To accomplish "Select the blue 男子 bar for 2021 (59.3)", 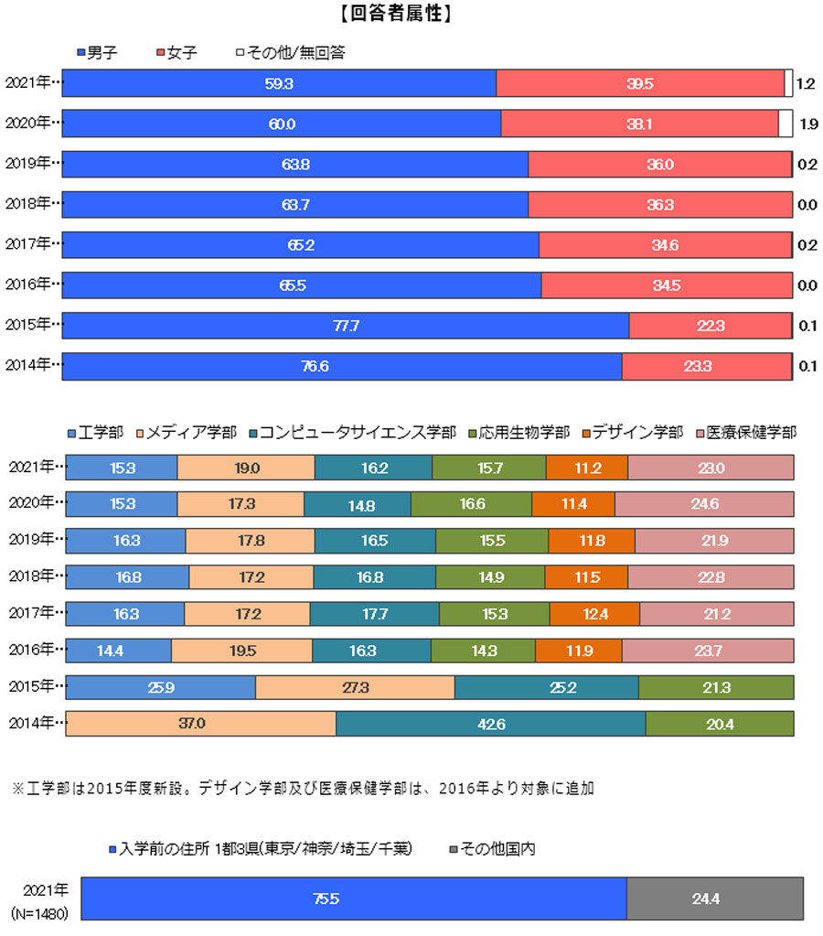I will (279, 83).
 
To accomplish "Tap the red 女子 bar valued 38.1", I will (639, 124).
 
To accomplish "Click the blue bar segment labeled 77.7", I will (345, 326).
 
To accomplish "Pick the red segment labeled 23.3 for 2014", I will (706, 366).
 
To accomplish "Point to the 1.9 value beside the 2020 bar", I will (807, 124).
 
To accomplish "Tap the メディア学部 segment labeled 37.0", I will (200, 724).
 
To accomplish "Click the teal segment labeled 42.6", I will (490, 724).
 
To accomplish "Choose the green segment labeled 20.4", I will (719, 724).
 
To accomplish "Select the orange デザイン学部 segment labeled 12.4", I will (594, 614).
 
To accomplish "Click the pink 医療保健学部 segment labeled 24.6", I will (704, 504).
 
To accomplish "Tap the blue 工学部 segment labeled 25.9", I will (160, 687).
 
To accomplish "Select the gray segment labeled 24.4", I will (714, 899).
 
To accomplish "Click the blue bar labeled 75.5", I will (353, 899).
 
